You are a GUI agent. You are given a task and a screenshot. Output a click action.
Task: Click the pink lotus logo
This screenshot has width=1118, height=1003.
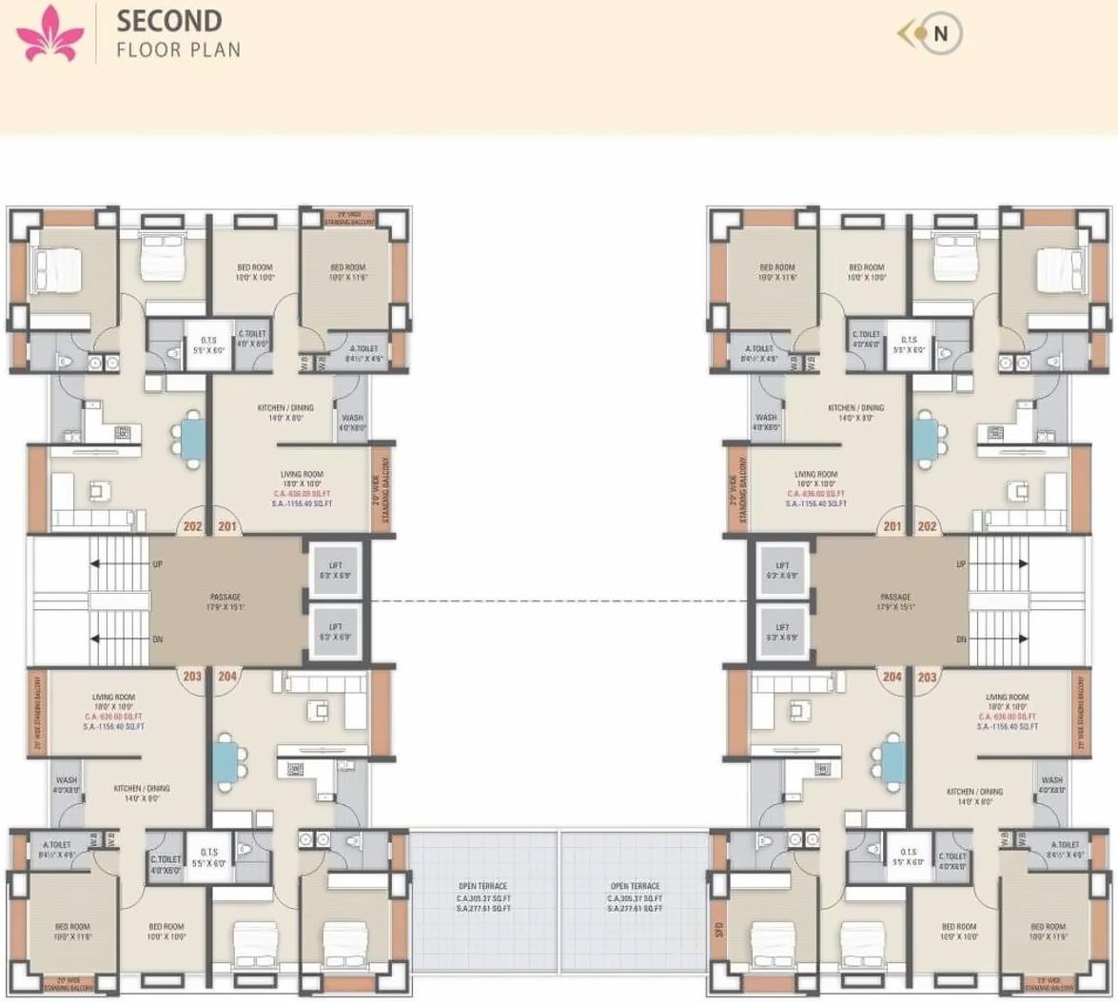coord(50,32)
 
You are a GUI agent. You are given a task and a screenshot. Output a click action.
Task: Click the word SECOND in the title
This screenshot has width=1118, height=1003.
coord(168,21)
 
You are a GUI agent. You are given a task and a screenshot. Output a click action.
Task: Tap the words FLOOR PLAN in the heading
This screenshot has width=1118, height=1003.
coord(178,49)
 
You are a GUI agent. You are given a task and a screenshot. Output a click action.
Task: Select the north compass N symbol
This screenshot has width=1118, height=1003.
coord(940,33)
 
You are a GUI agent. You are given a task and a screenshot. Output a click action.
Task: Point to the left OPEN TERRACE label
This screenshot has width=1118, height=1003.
coord(483,886)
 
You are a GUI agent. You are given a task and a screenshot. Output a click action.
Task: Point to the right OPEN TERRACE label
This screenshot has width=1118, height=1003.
coord(635,886)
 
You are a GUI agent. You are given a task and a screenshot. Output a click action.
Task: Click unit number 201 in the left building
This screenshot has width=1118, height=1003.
coord(227,526)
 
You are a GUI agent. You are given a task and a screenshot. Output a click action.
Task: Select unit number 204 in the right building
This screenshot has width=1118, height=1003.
coord(892,677)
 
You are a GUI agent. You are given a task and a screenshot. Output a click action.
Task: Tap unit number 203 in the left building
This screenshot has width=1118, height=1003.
coord(192,677)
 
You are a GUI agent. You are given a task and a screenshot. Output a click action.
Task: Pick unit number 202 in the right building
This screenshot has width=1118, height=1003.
coord(927,526)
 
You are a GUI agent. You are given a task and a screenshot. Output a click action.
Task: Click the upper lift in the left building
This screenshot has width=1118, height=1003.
coord(335,571)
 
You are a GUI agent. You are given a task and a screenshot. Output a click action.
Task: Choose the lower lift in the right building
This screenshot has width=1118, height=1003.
coord(781,632)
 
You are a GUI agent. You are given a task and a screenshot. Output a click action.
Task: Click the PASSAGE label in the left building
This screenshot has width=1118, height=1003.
coord(226,598)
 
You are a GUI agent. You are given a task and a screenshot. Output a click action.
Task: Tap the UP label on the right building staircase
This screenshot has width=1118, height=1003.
coord(960,564)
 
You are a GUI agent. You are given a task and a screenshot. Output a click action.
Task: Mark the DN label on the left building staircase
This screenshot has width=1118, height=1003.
coord(157,639)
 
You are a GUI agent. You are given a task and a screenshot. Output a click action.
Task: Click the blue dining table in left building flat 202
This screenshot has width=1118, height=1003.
coord(192,438)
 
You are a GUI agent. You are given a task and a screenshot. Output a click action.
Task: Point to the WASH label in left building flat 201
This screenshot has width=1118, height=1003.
coord(351,418)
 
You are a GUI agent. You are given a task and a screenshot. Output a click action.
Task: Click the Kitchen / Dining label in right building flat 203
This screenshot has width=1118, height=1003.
coord(974,791)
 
